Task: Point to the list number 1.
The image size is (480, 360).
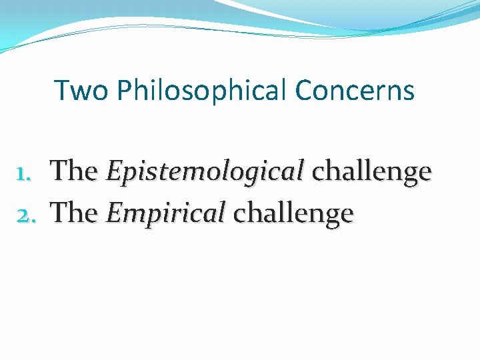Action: point(27,172)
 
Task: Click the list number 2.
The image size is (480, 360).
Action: point(28,213)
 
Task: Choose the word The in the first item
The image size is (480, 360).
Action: point(75,171)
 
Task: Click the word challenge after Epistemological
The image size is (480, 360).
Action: point(372,172)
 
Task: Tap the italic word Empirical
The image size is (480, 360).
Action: point(165,213)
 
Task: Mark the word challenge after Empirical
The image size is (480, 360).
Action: point(293,213)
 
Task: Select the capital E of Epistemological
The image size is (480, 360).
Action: point(113,172)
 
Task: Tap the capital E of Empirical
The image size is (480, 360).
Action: point(113,213)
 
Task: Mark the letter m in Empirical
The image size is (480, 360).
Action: point(133,215)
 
